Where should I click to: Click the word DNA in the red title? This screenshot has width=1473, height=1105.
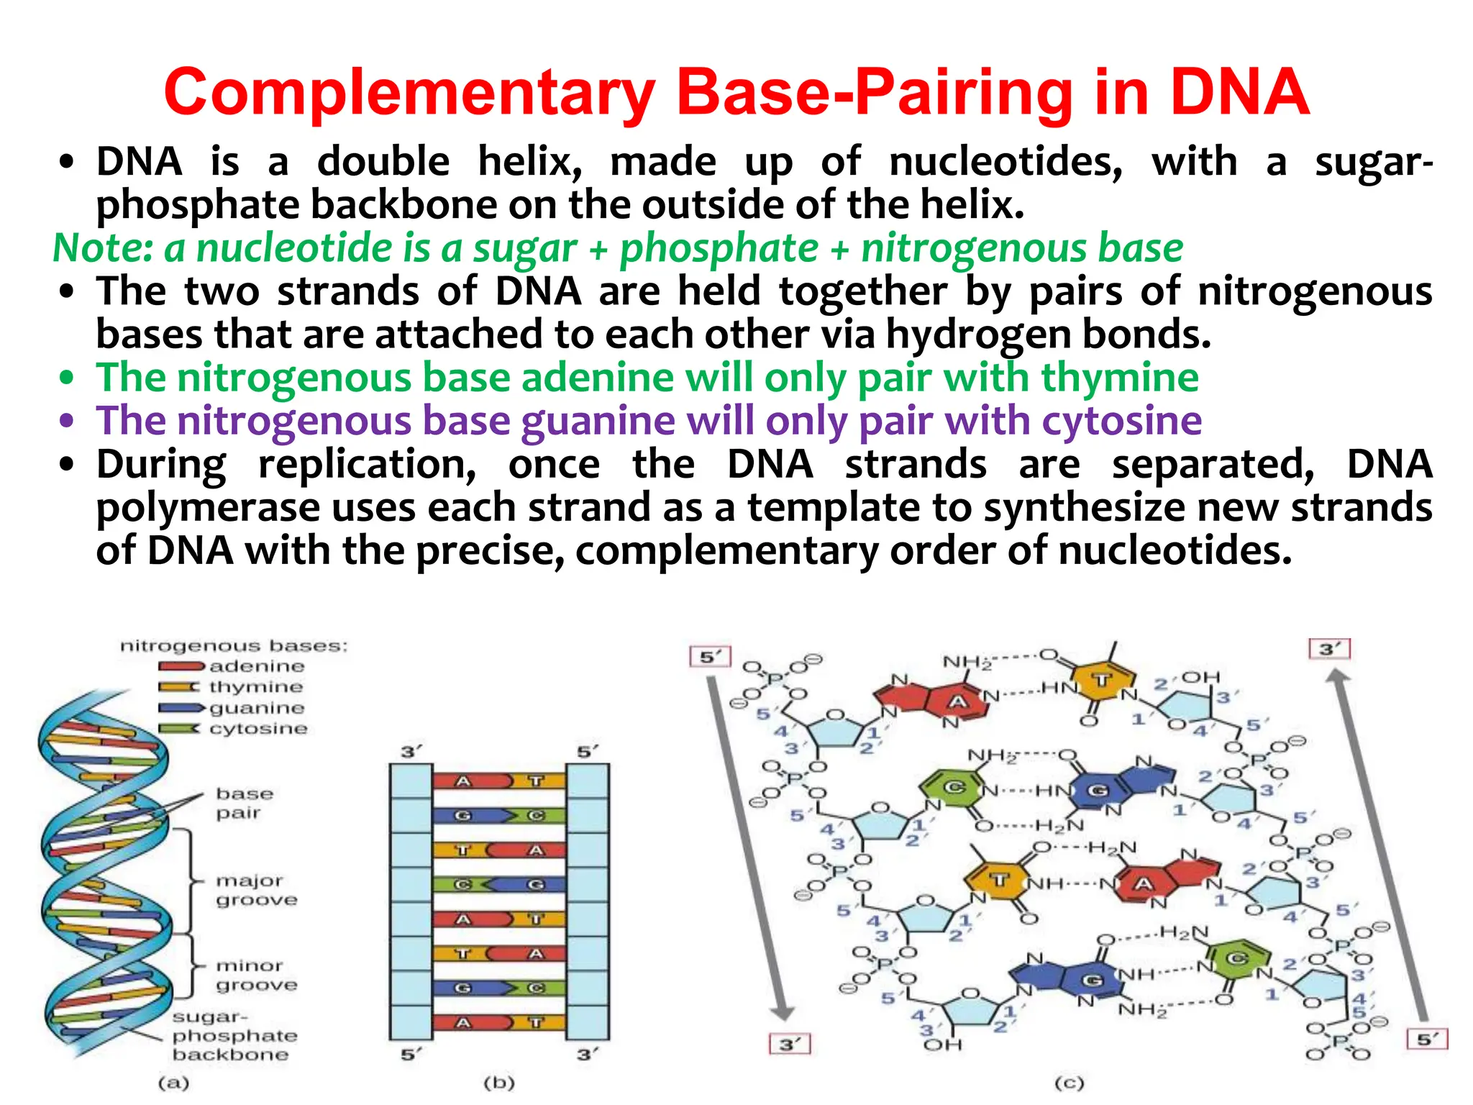(x=1239, y=92)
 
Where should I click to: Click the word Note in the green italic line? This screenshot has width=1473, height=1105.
(x=101, y=248)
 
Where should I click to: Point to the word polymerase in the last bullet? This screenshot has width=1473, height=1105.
(x=208, y=508)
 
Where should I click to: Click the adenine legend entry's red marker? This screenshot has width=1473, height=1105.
(x=181, y=666)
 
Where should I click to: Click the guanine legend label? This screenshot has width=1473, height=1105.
(x=257, y=708)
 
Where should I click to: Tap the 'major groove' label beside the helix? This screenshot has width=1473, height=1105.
(x=256, y=890)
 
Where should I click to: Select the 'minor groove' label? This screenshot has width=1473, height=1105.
(x=256, y=975)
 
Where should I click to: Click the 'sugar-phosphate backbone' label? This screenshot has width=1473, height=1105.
(x=234, y=1036)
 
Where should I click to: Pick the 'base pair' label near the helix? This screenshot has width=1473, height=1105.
(x=244, y=803)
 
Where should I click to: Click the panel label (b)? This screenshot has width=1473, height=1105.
(x=499, y=1082)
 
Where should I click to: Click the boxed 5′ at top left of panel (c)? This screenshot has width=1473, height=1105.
(x=710, y=657)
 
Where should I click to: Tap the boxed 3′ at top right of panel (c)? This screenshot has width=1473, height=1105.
(x=1329, y=649)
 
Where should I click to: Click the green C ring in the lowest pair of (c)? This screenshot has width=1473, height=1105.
(x=1236, y=959)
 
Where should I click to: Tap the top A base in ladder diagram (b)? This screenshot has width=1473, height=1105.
(x=464, y=781)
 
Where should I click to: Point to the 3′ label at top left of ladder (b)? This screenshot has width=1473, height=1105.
(x=410, y=752)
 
